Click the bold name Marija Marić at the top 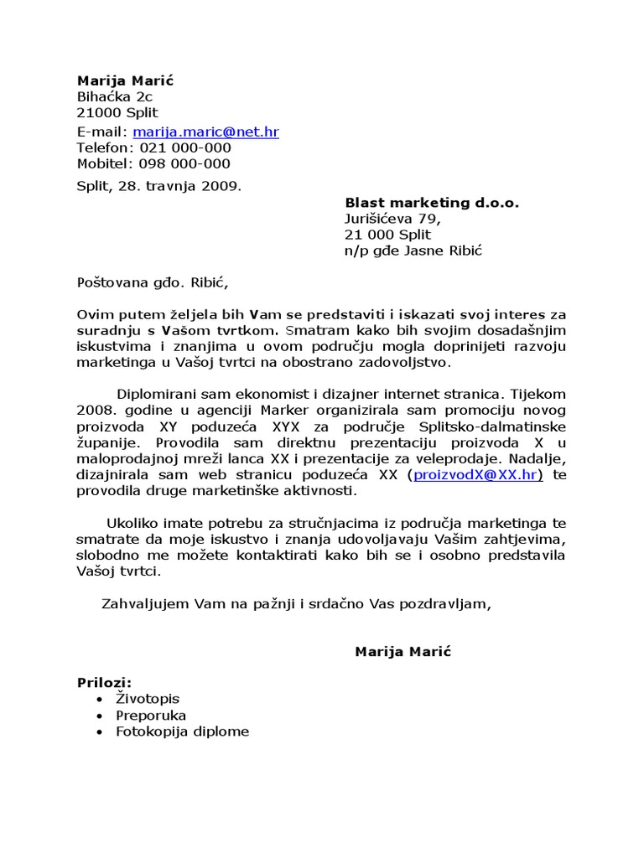tap(125, 80)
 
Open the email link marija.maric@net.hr tap(205, 132)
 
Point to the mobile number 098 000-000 tap(184, 163)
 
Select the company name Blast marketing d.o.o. tap(432, 203)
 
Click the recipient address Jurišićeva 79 tap(392, 219)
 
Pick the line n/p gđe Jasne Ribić tap(414, 251)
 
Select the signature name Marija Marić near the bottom tap(402, 651)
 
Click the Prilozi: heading tap(105, 683)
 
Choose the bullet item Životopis tap(148, 699)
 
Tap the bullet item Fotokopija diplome tap(183, 731)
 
